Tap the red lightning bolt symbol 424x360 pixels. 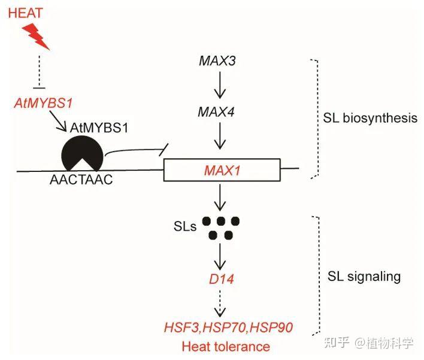[x=39, y=38]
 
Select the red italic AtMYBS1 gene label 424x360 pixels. [x=43, y=104]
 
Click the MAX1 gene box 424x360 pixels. [x=222, y=170]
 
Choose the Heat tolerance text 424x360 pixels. [x=225, y=346]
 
